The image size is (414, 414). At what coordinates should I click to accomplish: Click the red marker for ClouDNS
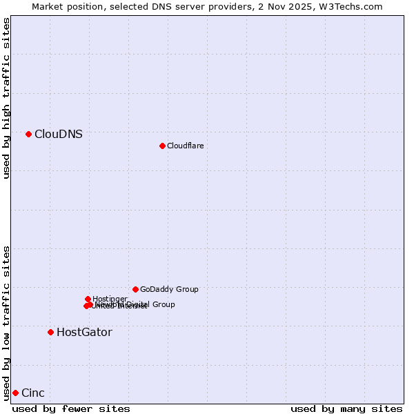pos(28,134)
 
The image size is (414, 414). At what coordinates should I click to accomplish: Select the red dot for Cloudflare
pos(162,146)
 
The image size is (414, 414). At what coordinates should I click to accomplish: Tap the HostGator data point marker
pos(50,332)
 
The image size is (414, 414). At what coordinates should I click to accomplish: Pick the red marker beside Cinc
pos(15,393)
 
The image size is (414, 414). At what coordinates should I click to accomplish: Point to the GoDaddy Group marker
pos(135,289)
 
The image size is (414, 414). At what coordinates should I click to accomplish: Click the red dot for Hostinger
pos(88,299)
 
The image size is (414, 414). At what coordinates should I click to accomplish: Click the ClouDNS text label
pos(59,135)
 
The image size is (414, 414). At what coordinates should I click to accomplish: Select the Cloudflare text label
pos(186,146)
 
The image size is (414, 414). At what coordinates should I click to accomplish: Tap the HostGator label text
pos(84,332)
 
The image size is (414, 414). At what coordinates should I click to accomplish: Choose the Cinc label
pos(33,393)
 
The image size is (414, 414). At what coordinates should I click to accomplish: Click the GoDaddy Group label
pos(169,290)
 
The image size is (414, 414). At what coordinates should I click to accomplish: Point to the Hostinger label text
pos(110,299)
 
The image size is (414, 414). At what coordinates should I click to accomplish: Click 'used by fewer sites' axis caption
pos(71,408)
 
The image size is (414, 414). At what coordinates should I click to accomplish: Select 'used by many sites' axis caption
pos(346,408)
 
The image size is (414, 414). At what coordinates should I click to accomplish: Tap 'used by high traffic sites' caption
pos(7,98)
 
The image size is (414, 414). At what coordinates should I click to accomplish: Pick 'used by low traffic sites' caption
pos(7,322)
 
